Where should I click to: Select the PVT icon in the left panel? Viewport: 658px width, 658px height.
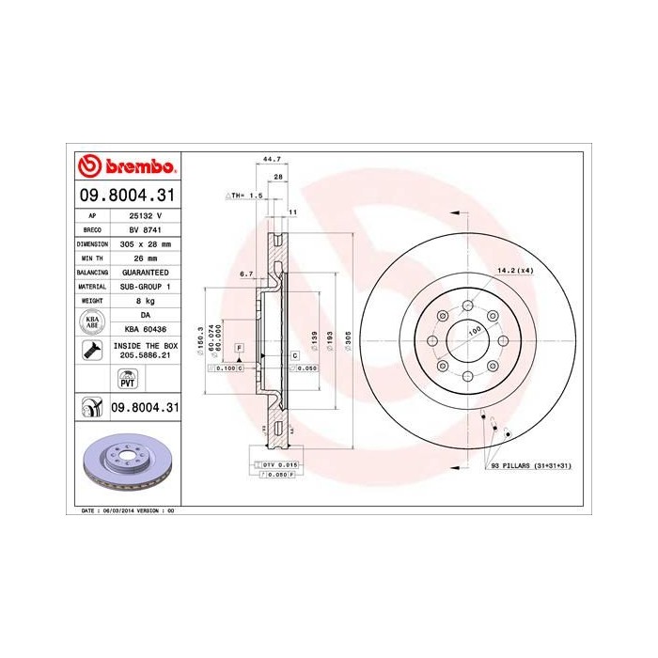pyautogui.click(x=126, y=378)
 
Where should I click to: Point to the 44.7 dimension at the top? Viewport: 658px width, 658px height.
pyautogui.click(x=272, y=160)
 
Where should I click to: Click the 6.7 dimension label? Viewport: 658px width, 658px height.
pyautogui.click(x=247, y=274)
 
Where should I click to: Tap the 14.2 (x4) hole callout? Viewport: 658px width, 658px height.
pyautogui.click(x=514, y=271)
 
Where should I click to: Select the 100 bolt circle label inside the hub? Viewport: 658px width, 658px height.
pyautogui.click(x=476, y=330)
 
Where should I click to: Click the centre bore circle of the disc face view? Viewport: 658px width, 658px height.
pyautogui.click(x=467, y=340)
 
